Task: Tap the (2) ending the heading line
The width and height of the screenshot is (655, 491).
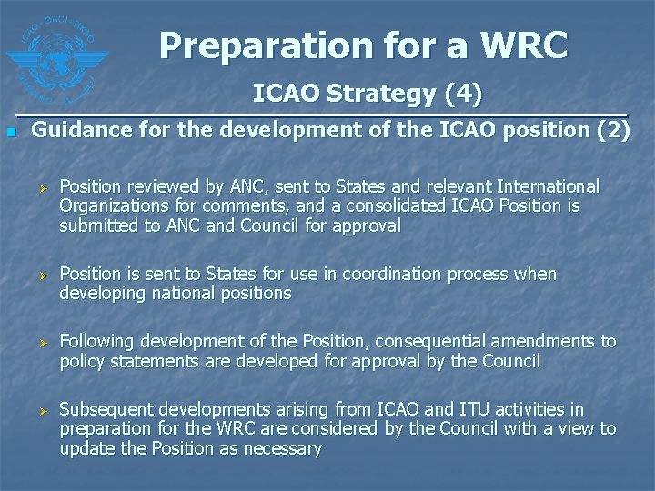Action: pos(612,131)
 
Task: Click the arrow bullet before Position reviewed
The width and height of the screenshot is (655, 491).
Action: pos(40,187)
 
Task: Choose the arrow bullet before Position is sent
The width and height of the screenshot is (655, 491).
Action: pos(40,275)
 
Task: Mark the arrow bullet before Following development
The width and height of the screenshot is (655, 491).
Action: pos(40,343)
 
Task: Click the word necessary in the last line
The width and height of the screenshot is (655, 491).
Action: pos(280,448)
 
